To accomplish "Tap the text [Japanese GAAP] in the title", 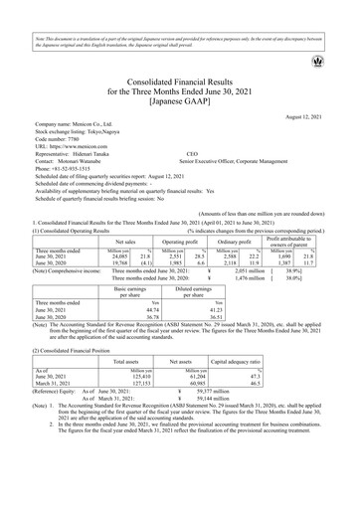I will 179,102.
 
